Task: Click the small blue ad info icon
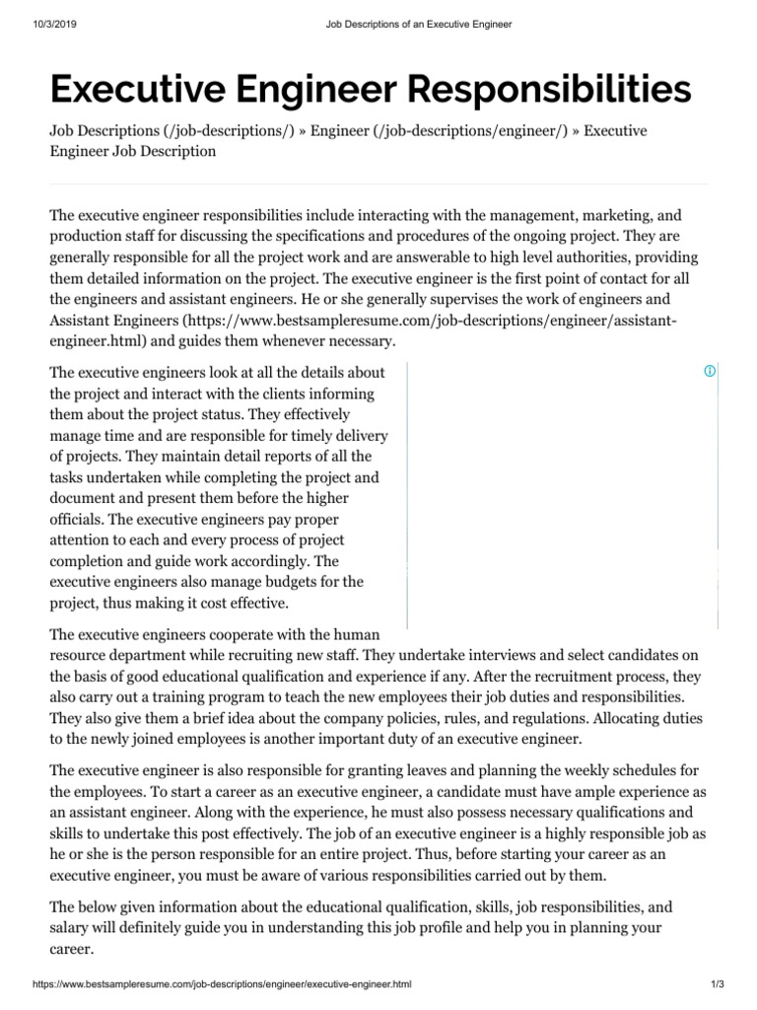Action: tap(709, 371)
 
